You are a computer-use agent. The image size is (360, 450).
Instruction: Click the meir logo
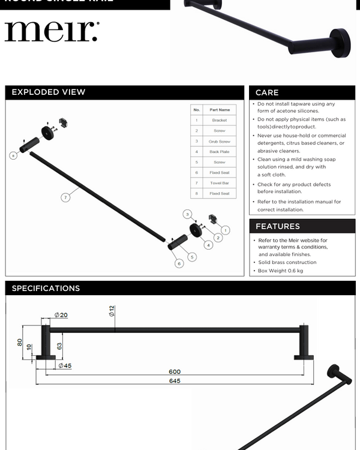pyautogui.click(x=52, y=31)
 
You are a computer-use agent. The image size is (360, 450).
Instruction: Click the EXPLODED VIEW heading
pyautogui.click(x=49, y=92)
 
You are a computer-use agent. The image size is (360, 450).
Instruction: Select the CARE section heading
pyautogui.click(x=267, y=92)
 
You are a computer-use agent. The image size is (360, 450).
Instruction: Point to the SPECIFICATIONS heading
pyautogui.click(x=46, y=289)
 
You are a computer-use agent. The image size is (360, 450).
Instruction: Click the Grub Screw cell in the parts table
pyautogui.click(x=220, y=142)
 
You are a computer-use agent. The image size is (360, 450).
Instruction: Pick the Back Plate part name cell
pyautogui.click(x=220, y=152)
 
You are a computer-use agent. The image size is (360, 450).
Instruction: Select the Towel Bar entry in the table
pyautogui.click(x=220, y=183)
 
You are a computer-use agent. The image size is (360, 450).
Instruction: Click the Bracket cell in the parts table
pyautogui.click(x=220, y=121)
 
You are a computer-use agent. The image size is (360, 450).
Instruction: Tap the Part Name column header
pyautogui.click(x=220, y=110)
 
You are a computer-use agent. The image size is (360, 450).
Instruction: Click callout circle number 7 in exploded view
pyautogui.click(x=66, y=197)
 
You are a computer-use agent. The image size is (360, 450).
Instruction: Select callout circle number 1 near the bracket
pyautogui.click(x=225, y=230)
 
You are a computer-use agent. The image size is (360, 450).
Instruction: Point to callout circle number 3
pyautogui.click(x=187, y=214)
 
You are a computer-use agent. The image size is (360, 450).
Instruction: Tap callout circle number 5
pyautogui.click(x=192, y=257)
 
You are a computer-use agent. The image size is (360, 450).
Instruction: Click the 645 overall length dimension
pyautogui.click(x=175, y=381)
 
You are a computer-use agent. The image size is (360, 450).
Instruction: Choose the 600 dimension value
pyautogui.click(x=175, y=371)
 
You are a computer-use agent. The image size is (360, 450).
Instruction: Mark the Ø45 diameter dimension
pyautogui.click(x=65, y=365)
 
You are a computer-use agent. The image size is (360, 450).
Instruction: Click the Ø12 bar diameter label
pyautogui.click(x=112, y=311)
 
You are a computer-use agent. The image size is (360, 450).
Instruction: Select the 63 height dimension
pyautogui.click(x=59, y=346)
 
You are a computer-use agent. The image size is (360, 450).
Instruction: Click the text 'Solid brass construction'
pyautogui.click(x=287, y=262)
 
